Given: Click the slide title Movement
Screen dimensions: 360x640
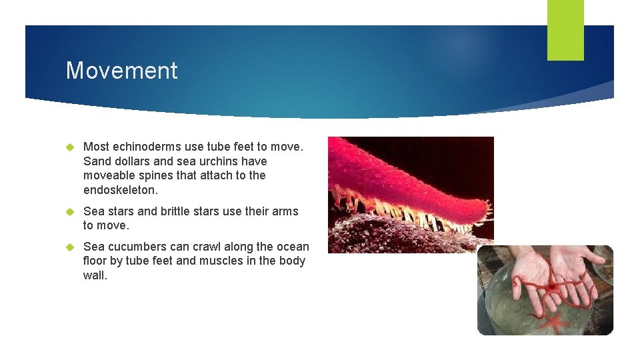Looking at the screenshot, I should pyautogui.click(x=121, y=71).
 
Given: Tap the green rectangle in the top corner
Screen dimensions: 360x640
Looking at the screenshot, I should pyautogui.click(x=565, y=30).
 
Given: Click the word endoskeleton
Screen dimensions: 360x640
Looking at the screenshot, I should pyautogui.click(x=121, y=190).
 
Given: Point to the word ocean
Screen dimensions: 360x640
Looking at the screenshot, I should pyautogui.click(x=291, y=247).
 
